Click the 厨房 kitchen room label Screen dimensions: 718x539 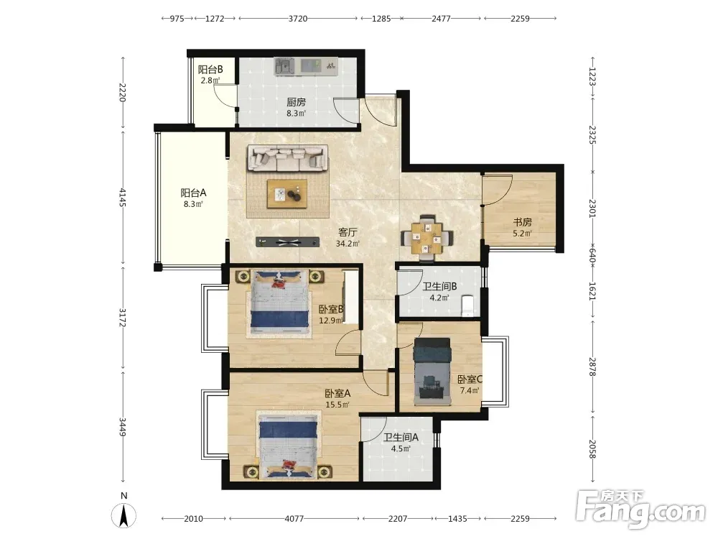tap(297, 102)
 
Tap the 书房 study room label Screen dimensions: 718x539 tap(523, 222)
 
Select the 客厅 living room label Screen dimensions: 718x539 tap(348, 232)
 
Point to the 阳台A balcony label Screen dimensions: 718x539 tap(193, 193)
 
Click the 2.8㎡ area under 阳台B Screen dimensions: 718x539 tap(210, 80)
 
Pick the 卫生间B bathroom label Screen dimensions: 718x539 tap(439, 287)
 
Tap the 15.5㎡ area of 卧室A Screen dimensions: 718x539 tap(337, 405)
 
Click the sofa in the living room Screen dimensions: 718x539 tap(288, 158)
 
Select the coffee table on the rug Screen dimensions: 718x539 tap(288, 194)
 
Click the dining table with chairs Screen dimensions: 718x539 tap(427, 237)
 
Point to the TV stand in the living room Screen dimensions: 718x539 tap(288, 242)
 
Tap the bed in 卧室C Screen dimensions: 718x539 tap(432, 372)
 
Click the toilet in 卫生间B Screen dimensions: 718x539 tap(467, 306)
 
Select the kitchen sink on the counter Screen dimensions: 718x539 tap(284, 66)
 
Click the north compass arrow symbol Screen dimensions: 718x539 tap(123, 515)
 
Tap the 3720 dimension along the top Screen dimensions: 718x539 tap(298, 19)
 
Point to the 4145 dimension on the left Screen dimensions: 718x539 tap(122, 197)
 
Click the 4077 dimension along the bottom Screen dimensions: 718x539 tap(294, 519)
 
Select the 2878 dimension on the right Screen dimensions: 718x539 tap(592, 367)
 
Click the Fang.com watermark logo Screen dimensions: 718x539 tap(640, 509)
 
